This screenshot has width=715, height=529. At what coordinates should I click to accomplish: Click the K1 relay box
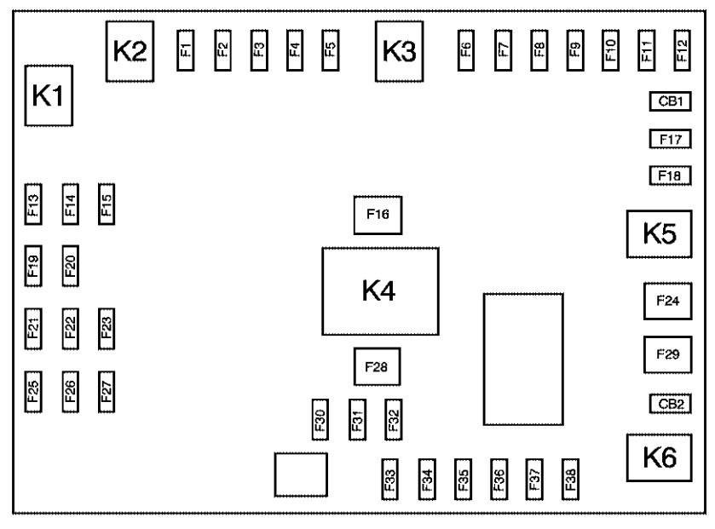click(49, 96)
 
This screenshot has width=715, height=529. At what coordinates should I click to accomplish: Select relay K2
click(130, 52)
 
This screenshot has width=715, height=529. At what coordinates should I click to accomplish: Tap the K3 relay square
click(399, 52)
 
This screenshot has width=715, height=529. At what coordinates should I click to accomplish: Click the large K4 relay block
click(379, 291)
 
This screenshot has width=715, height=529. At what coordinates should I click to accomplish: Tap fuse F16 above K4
click(378, 215)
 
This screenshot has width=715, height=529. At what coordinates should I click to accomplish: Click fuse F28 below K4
click(378, 367)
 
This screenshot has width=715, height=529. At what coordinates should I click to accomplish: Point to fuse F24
click(666, 302)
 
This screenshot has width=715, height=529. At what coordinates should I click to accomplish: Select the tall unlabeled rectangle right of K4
click(523, 359)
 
